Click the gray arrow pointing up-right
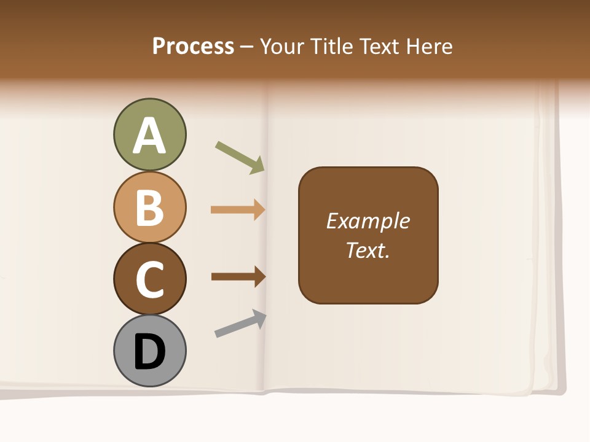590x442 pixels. click(x=240, y=324)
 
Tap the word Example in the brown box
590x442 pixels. click(x=368, y=221)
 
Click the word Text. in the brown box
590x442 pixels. click(x=368, y=250)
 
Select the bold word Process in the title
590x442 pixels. click(x=193, y=46)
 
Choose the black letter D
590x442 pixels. click(x=149, y=352)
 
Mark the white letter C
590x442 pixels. click(x=149, y=279)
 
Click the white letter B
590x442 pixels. click(x=149, y=207)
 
